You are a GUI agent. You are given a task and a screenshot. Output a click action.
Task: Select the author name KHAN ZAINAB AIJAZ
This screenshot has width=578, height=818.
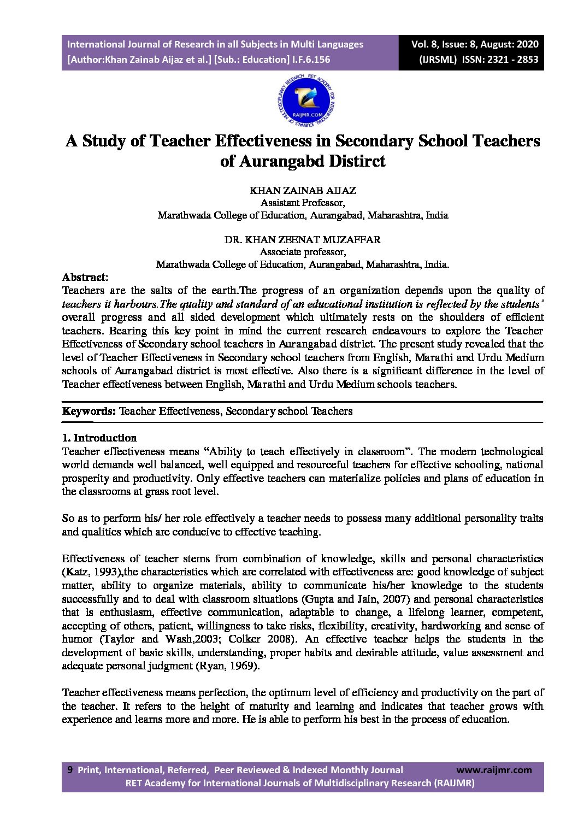click(303, 191)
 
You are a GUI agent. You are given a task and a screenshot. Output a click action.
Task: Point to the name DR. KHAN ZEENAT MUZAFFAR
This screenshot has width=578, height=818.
click(303, 240)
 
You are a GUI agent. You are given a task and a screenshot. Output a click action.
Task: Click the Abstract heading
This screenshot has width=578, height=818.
click(84, 278)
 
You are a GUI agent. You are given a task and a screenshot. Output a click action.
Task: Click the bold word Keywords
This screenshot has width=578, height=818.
click(88, 411)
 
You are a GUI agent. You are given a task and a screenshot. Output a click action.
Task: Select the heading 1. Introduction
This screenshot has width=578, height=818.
click(99, 438)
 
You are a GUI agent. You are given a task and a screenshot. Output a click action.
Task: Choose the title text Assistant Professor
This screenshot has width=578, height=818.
click(302, 203)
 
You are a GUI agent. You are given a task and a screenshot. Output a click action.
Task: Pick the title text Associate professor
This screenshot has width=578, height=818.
click(302, 252)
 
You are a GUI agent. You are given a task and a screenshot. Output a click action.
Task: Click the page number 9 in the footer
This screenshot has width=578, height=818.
click(69, 770)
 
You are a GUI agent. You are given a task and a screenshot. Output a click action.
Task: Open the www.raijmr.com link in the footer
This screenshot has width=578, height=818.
click(493, 770)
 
